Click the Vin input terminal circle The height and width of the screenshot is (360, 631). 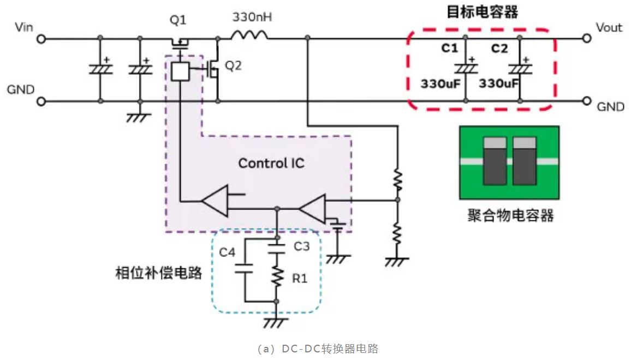41,39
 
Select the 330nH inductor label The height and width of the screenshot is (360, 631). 252,17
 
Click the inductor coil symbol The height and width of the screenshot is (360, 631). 249,36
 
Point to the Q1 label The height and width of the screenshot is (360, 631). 178,20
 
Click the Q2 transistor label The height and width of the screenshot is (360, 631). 233,65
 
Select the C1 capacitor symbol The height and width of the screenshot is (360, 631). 465,69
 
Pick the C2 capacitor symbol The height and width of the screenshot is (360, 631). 519,69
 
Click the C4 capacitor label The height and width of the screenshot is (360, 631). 227,253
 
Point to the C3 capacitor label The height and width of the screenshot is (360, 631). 301,246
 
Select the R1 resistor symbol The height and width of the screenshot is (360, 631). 277,277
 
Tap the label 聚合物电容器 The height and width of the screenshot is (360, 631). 511,215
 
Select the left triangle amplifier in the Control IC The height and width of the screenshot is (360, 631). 216,202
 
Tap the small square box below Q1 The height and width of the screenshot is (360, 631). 180,71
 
